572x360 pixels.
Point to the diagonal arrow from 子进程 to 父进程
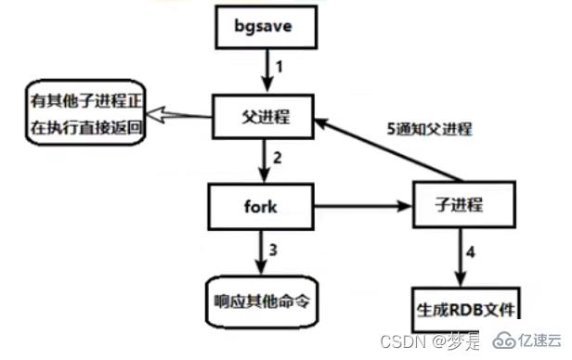tap(390, 148)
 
